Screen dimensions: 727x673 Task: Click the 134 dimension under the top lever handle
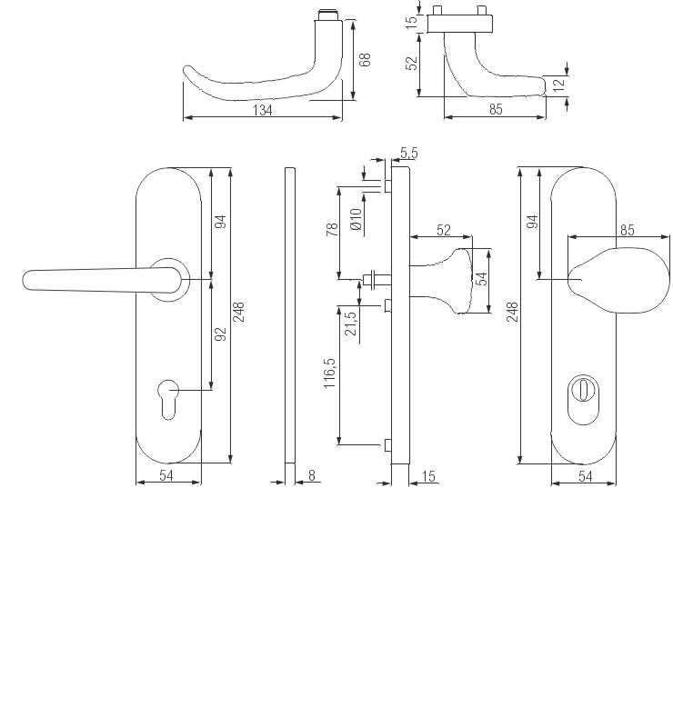coord(263,110)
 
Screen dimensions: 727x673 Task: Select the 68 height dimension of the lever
coord(365,60)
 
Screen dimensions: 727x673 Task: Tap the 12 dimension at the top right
coord(559,84)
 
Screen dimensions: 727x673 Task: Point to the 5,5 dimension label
coord(408,153)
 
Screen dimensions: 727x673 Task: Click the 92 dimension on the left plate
coord(219,334)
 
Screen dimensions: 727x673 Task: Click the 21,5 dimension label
coord(351,323)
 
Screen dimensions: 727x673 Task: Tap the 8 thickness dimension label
coord(312,474)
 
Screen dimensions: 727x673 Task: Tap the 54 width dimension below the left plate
coord(166,475)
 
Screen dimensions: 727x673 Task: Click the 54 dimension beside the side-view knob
coord(484,278)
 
